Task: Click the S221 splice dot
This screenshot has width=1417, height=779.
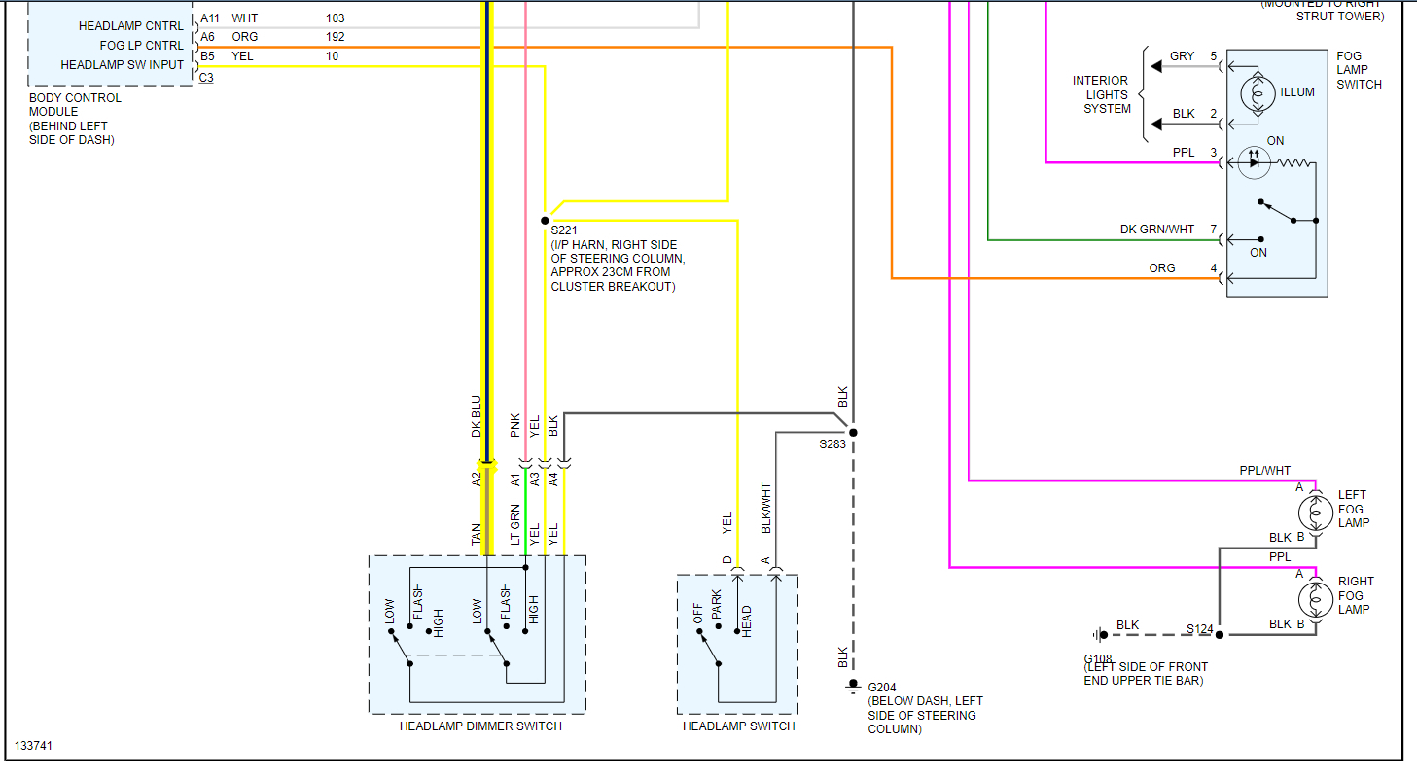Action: tap(545, 221)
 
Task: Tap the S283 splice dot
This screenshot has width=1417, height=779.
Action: tap(853, 432)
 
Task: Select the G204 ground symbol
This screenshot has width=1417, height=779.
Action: tap(853, 686)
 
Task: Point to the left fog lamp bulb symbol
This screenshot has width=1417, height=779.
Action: tap(1315, 510)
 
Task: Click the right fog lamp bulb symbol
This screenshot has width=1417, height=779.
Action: tap(1315, 596)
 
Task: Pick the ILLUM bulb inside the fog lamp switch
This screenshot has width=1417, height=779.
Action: tap(1258, 93)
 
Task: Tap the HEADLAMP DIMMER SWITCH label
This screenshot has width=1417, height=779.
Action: tap(480, 726)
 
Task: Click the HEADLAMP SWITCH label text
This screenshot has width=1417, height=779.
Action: tap(738, 726)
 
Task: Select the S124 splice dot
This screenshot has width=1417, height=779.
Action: tap(1219, 634)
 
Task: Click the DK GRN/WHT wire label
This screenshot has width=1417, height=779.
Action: tap(1156, 230)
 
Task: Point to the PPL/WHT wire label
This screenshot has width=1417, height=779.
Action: tap(1265, 471)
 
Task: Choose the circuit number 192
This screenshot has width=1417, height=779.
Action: tap(336, 37)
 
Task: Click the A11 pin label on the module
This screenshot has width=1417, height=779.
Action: tap(210, 18)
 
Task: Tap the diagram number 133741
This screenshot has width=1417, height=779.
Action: tap(35, 747)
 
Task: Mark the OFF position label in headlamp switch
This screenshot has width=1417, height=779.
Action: tap(698, 615)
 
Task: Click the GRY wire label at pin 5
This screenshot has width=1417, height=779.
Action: tap(1182, 56)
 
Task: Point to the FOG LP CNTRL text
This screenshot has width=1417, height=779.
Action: tap(141, 46)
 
